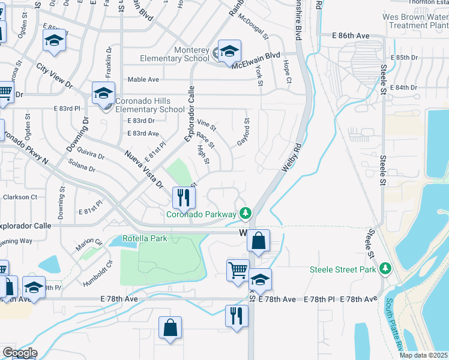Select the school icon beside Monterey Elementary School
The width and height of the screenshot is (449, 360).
coord(229,53)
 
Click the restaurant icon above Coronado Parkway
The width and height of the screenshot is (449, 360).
coord(184,197)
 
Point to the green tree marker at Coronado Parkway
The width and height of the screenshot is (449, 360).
coord(245,212)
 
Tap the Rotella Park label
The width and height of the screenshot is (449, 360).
coord(145,238)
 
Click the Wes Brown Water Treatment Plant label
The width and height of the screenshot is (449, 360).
coord(416,21)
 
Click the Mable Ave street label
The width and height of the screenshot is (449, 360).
coord(143,79)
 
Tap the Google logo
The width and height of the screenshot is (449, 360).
coord(20,353)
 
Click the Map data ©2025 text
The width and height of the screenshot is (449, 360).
coord(424,355)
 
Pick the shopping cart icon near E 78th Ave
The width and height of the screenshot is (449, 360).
coord(238,270)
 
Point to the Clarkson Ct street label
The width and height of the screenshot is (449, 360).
coord(20,197)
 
